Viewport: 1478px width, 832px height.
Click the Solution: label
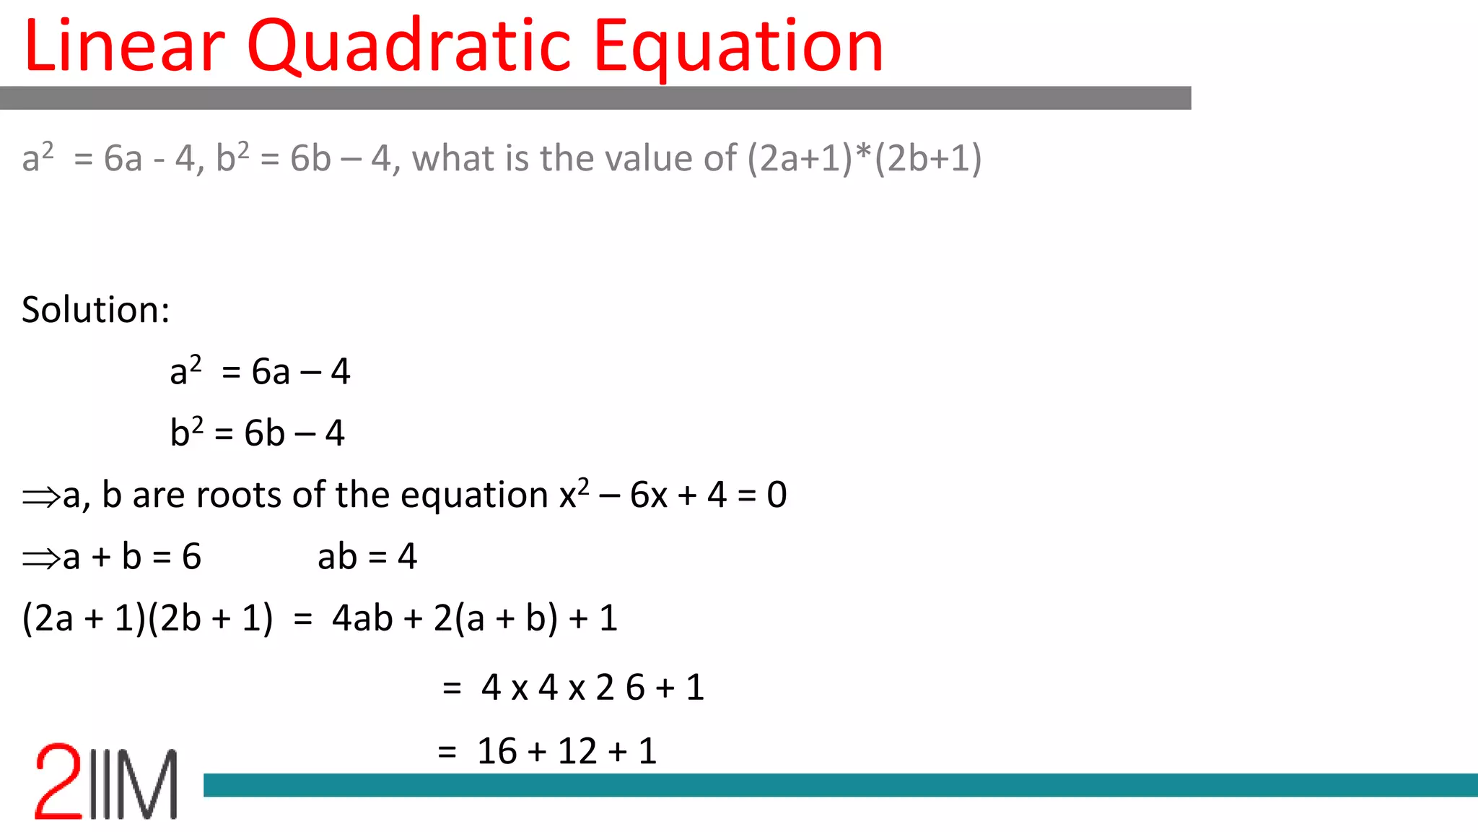pos(96,310)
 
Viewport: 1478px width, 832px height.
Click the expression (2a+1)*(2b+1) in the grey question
pos(864,158)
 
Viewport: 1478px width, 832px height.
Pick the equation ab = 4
pos(367,557)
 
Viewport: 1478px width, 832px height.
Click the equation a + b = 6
pos(131,557)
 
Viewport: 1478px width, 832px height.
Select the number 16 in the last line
pos(497,751)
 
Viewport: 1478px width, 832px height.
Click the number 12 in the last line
pos(577,751)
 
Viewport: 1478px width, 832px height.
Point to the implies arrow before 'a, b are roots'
pos(40,497)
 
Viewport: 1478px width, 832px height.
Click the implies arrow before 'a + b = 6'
pos(40,558)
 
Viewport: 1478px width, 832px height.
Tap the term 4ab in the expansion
pos(362,618)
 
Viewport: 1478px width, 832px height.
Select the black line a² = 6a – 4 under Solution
pos(260,371)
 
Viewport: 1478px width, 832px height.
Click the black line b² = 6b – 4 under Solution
pos(258,433)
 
